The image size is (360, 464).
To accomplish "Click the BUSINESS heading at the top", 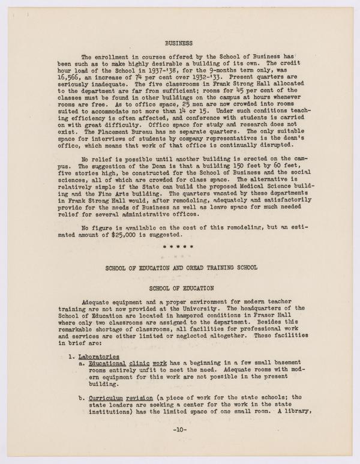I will [179, 43].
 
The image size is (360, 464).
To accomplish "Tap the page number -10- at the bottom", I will [179, 430].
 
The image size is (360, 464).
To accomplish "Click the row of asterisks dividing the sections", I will [179, 246].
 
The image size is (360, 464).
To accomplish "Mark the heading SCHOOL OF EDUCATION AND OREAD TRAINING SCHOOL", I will [179, 268].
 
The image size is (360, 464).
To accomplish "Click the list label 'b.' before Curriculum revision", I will [82, 397].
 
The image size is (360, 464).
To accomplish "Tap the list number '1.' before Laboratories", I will [70, 357].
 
